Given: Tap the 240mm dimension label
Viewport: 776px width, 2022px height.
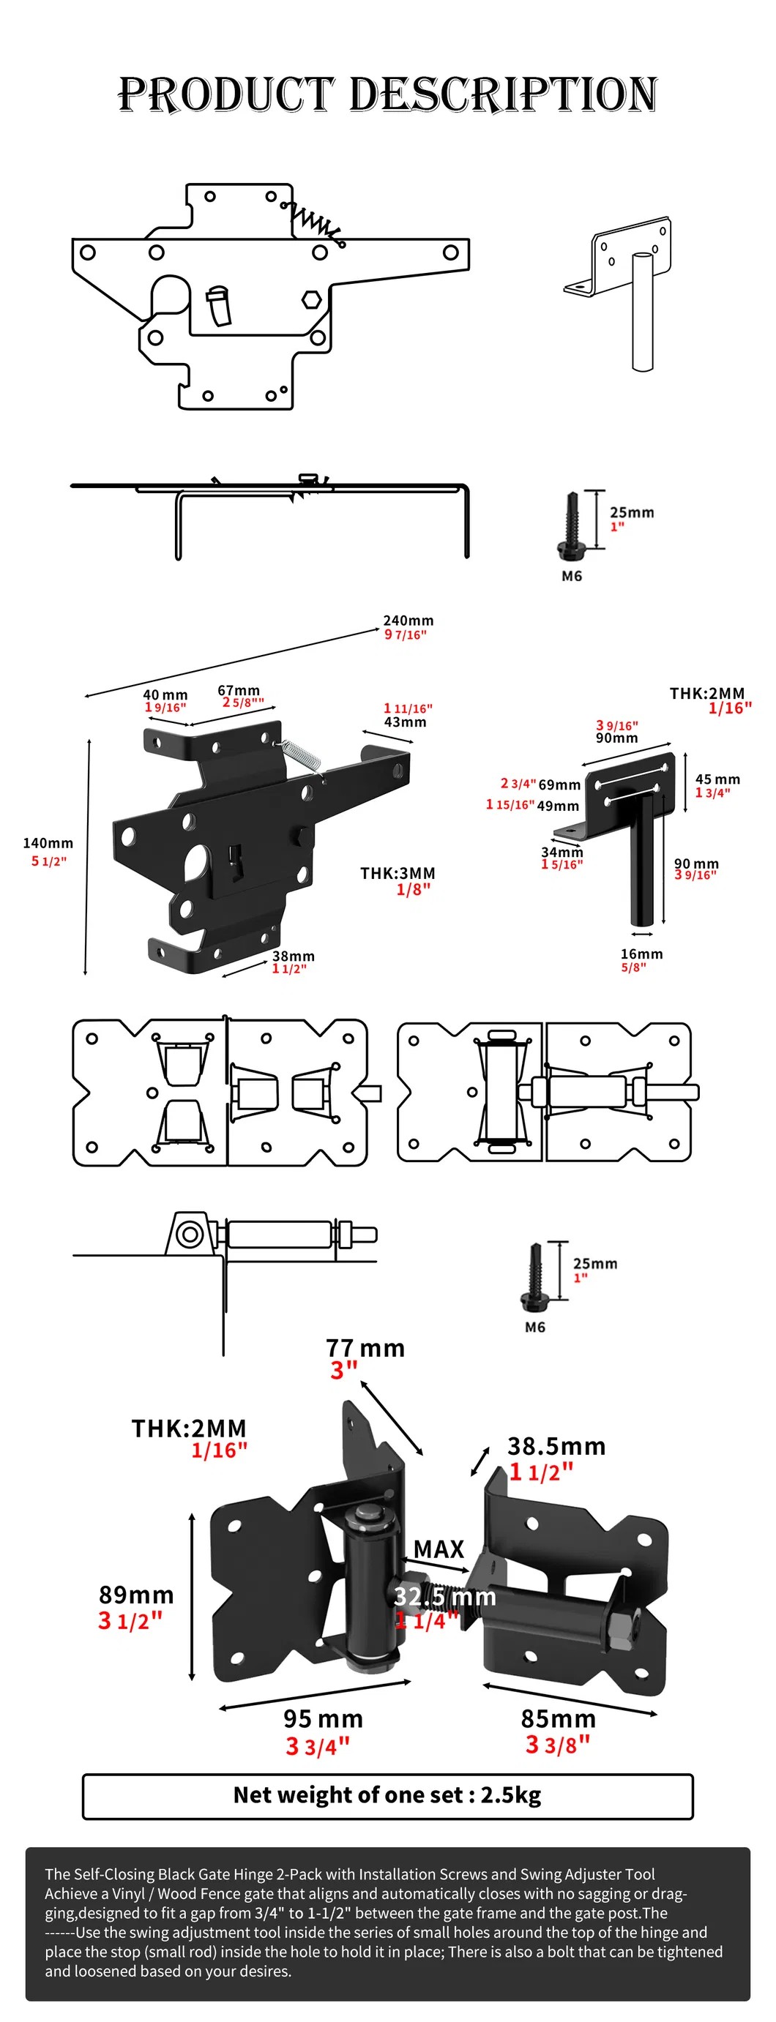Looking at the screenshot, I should coord(408,621).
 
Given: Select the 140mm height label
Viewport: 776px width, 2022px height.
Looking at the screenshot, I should coord(48,843).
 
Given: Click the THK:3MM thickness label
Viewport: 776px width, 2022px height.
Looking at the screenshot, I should coord(398,873).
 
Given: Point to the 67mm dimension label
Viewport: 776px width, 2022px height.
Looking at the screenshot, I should coord(238,690).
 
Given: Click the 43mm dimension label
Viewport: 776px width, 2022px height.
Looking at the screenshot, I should coord(406,722).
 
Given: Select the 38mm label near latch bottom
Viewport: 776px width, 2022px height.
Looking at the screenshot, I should coord(293,956).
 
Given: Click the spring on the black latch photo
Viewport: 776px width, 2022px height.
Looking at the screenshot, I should coord(301,754).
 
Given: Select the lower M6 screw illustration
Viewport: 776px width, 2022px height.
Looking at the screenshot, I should coord(535,1277).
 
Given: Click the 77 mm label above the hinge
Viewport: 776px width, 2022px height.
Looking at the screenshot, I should coord(365,1348).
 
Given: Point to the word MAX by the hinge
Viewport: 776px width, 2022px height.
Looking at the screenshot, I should coord(439,1549).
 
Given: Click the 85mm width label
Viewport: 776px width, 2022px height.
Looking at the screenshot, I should coord(558,1718).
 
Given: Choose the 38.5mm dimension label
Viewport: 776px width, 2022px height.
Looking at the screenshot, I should coord(556,1446).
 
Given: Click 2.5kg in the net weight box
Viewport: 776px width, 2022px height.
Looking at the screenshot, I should coord(510,1794).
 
